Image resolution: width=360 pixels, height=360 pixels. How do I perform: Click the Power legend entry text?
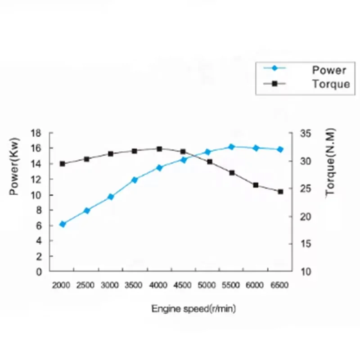[329, 70]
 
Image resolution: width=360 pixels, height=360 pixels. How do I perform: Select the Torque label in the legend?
[330, 84]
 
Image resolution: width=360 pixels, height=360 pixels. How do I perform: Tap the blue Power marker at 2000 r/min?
[63, 224]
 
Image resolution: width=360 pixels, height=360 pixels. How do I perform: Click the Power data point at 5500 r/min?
[232, 147]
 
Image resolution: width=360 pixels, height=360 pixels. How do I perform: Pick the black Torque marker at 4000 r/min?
[159, 149]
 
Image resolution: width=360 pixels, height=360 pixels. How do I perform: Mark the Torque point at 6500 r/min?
[280, 192]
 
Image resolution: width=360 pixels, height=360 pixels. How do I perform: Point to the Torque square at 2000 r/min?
[63, 164]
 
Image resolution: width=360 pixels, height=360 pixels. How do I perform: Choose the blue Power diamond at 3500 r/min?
[135, 180]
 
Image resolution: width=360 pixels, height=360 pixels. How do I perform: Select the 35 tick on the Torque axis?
[306, 134]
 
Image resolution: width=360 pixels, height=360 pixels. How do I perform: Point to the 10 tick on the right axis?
[306, 271]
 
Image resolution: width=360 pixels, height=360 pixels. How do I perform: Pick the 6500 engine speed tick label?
[279, 285]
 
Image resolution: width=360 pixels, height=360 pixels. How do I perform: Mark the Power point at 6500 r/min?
[280, 149]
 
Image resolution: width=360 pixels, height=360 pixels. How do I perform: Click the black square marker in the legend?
[275, 83]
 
